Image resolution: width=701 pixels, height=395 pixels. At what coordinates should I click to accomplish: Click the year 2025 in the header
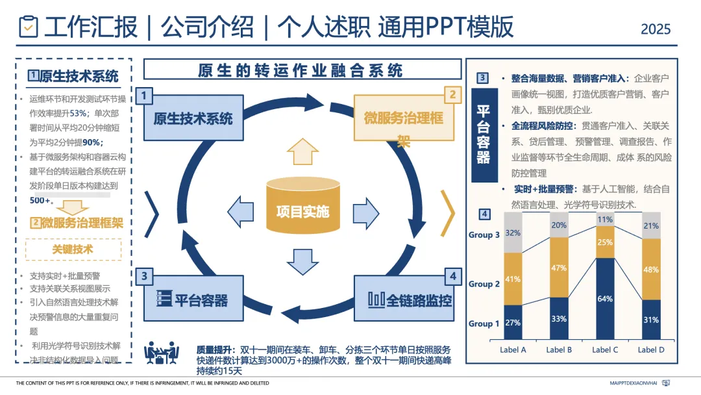point(655,29)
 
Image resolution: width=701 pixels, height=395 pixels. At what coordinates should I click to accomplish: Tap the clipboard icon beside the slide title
point(29,27)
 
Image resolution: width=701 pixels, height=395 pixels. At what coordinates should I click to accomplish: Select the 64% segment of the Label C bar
point(606,299)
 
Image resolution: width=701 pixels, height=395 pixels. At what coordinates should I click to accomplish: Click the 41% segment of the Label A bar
point(513,279)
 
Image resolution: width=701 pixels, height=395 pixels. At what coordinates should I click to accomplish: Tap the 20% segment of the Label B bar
point(560,225)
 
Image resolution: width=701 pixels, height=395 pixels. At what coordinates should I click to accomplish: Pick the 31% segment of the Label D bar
point(652,320)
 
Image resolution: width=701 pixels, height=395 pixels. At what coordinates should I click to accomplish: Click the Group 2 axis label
point(484,284)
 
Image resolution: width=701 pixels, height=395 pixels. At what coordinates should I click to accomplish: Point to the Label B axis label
point(560,350)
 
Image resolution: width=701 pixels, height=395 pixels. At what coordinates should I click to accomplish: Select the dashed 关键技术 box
point(73,249)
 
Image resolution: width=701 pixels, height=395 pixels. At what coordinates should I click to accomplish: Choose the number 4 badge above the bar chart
point(484,214)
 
